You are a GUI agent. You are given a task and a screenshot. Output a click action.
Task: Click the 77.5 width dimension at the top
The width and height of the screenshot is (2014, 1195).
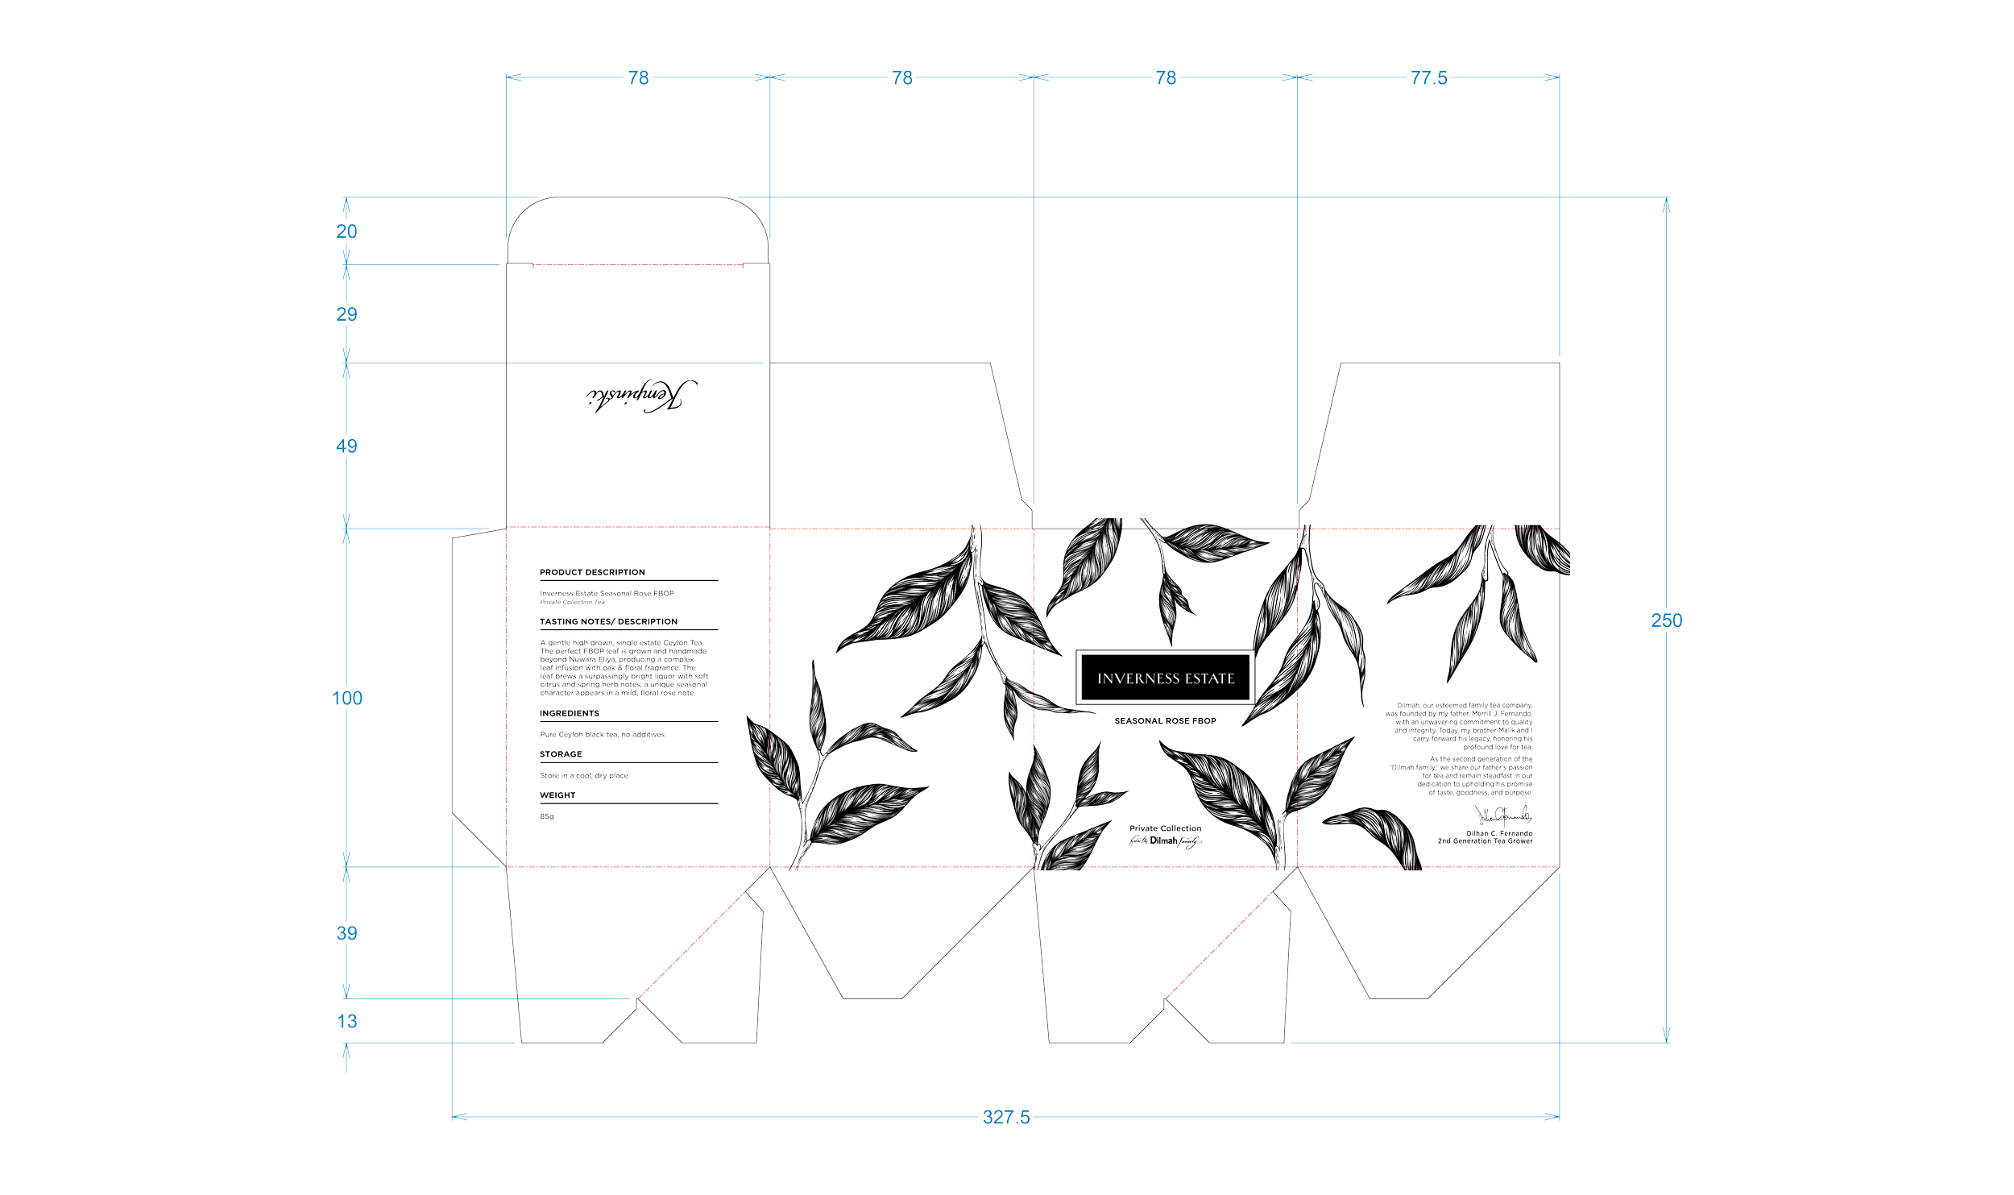[x=1429, y=78]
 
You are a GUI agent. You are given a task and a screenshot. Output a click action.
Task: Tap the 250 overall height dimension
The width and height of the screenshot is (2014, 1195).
[x=1666, y=620]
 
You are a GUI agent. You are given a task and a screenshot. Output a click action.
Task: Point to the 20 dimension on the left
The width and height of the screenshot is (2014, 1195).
[x=347, y=231]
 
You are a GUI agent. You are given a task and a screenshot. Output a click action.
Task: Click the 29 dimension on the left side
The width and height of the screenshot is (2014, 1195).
[x=347, y=314]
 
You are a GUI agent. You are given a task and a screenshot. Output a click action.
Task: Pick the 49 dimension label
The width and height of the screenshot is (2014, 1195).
[x=347, y=446]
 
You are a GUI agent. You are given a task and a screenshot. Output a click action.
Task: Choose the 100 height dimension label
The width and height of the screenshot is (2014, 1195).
[x=347, y=698]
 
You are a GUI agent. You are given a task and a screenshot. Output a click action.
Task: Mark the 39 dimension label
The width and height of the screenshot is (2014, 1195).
[x=347, y=934]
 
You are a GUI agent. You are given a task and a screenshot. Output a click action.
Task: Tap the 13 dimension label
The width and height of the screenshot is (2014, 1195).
[x=347, y=1022]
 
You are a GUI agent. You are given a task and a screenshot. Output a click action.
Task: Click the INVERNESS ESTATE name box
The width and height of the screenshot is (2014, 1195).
[x=1166, y=678]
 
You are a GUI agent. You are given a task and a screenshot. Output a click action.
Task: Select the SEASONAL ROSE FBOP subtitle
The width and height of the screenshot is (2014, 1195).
[x=1166, y=722]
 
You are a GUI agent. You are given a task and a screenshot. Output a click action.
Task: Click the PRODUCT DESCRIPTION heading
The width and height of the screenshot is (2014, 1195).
[x=592, y=572]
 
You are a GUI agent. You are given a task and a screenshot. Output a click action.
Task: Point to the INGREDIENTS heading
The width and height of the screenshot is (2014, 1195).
[x=570, y=713]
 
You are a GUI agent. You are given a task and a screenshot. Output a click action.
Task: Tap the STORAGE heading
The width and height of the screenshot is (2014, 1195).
[x=561, y=754]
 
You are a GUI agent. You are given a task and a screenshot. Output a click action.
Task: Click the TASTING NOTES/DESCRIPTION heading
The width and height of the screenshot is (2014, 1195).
[x=609, y=621]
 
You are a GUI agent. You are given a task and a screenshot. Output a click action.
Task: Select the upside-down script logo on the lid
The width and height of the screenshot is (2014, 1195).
[x=643, y=396]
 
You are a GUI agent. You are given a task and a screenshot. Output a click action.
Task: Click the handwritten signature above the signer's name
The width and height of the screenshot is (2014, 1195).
[x=1503, y=815]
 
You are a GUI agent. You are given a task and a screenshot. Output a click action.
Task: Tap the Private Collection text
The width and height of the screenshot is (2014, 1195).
[x=1165, y=828]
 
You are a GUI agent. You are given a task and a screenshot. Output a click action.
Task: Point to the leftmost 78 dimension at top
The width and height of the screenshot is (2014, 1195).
[x=638, y=78]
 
